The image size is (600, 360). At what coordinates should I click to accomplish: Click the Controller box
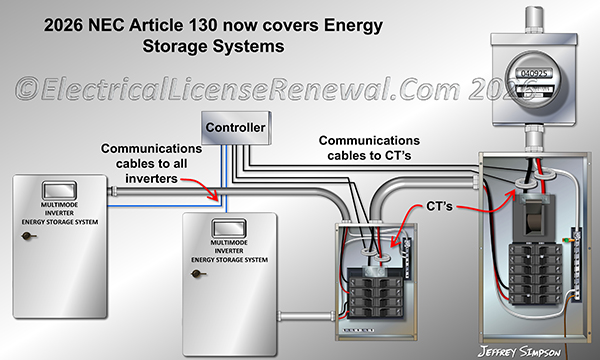(235, 128)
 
